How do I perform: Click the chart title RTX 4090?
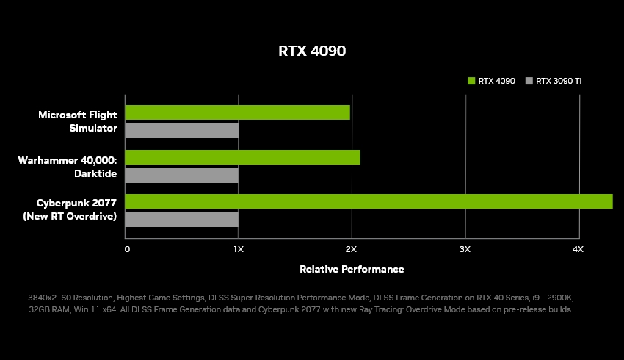click(311, 51)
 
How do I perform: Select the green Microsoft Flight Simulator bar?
click(237, 112)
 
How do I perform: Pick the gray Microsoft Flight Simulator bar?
click(181, 131)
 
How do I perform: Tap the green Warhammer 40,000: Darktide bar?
click(242, 157)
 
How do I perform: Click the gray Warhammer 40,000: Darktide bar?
click(181, 176)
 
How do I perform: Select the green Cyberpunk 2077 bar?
click(369, 201)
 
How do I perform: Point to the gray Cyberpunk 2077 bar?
click(181, 220)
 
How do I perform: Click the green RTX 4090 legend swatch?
click(471, 81)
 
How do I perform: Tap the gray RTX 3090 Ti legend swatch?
click(529, 81)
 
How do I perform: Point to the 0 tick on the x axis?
click(127, 250)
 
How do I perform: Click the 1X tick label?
click(238, 250)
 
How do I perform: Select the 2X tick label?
click(351, 250)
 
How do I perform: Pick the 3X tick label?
click(465, 250)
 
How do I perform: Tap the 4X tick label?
click(578, 250)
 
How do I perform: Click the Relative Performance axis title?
click(352, 269)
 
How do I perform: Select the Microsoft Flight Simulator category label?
click(77, 121)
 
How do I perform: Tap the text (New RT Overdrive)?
click(70, 216)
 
